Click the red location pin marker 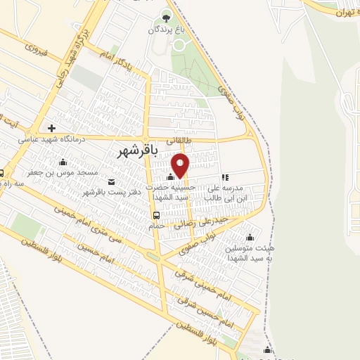(x=181, y=165)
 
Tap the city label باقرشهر (x=136, y=150)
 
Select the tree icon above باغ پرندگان (x=166, y=17)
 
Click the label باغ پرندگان (x=166, y=30)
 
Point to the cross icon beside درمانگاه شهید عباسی (x=51, y=128)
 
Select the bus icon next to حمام (x=155, y=215)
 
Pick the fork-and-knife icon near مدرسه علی (x=224, y=178)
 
